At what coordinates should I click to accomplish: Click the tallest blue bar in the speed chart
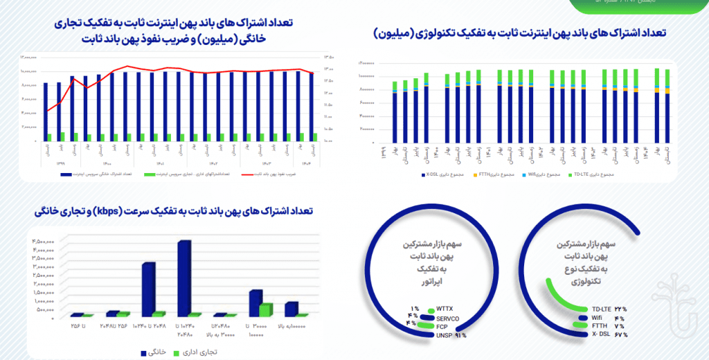pyautogui.click(x=183, y=278)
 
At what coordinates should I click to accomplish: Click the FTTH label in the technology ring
pyautogui.click(x=600, y=326)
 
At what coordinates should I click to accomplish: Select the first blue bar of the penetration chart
pyautogui.click(x=46, y=111)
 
